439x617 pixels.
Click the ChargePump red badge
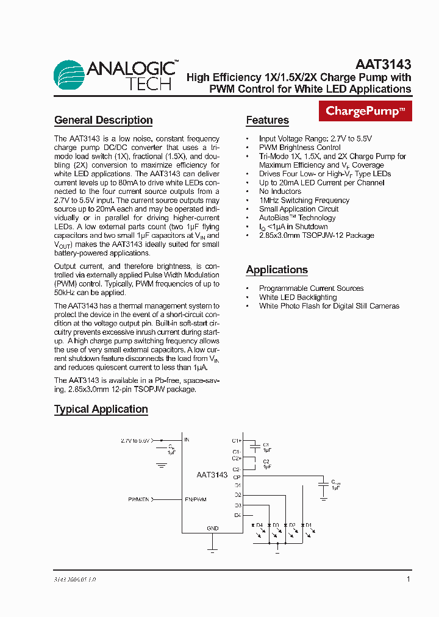365,111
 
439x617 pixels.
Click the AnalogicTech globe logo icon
69,76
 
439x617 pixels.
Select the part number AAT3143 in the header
383,64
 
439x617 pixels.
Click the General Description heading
103,120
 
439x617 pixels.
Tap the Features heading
267,120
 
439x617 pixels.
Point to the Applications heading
277,269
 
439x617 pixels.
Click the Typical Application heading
101,409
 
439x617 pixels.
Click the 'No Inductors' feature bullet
280,191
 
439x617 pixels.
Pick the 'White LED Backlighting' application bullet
298,297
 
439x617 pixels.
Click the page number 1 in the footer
408,579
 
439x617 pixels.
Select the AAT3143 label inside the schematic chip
212,474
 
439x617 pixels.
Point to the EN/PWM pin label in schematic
195,499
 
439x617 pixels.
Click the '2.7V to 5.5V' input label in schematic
135,440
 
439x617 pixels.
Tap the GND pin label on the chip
212,528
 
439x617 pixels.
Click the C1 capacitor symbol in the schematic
256,446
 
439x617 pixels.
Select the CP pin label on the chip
237,477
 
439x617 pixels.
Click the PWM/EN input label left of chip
138,499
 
